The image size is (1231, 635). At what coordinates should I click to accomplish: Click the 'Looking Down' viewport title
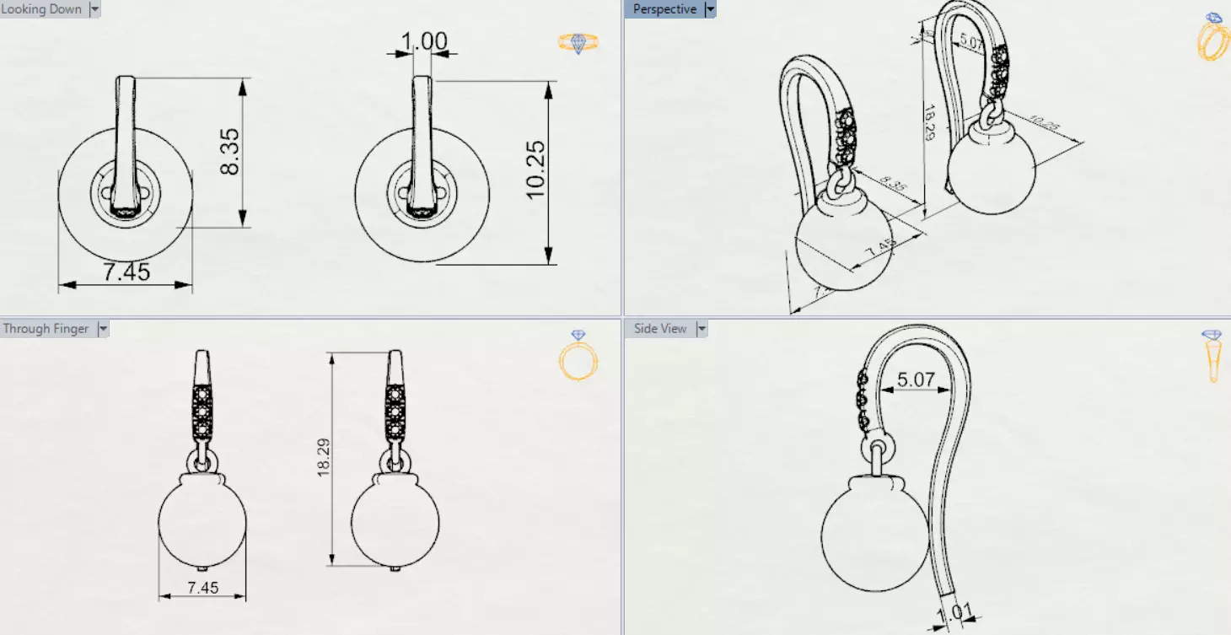(x=41, y=9)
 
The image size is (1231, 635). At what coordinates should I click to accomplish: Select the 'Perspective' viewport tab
(x=664, y=9)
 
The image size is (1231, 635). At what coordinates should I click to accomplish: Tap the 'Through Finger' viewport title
(x=46, y=329)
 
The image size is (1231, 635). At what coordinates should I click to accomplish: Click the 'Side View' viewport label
(x=660, y=329)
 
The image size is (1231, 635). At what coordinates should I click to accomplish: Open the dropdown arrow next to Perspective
(x=710, y=9)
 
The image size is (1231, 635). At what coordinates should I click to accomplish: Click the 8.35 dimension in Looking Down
(x=229, y=152)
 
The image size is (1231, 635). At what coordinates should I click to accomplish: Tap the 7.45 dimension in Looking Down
(x=126, y=272)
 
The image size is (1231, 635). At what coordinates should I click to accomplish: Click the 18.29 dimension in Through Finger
(x=322, y=459)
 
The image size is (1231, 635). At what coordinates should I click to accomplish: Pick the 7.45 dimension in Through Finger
(x=202, y=587)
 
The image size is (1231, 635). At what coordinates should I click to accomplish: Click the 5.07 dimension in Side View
(x=915, y=379)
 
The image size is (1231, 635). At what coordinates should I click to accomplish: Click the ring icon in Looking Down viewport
(x=578, y=43)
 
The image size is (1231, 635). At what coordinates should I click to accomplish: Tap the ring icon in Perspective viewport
(x=1213, y=37)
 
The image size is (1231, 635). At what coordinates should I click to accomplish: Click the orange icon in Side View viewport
(x=1212, y=356)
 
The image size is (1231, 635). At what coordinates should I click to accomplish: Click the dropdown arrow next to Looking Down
(x=94, y=9)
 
